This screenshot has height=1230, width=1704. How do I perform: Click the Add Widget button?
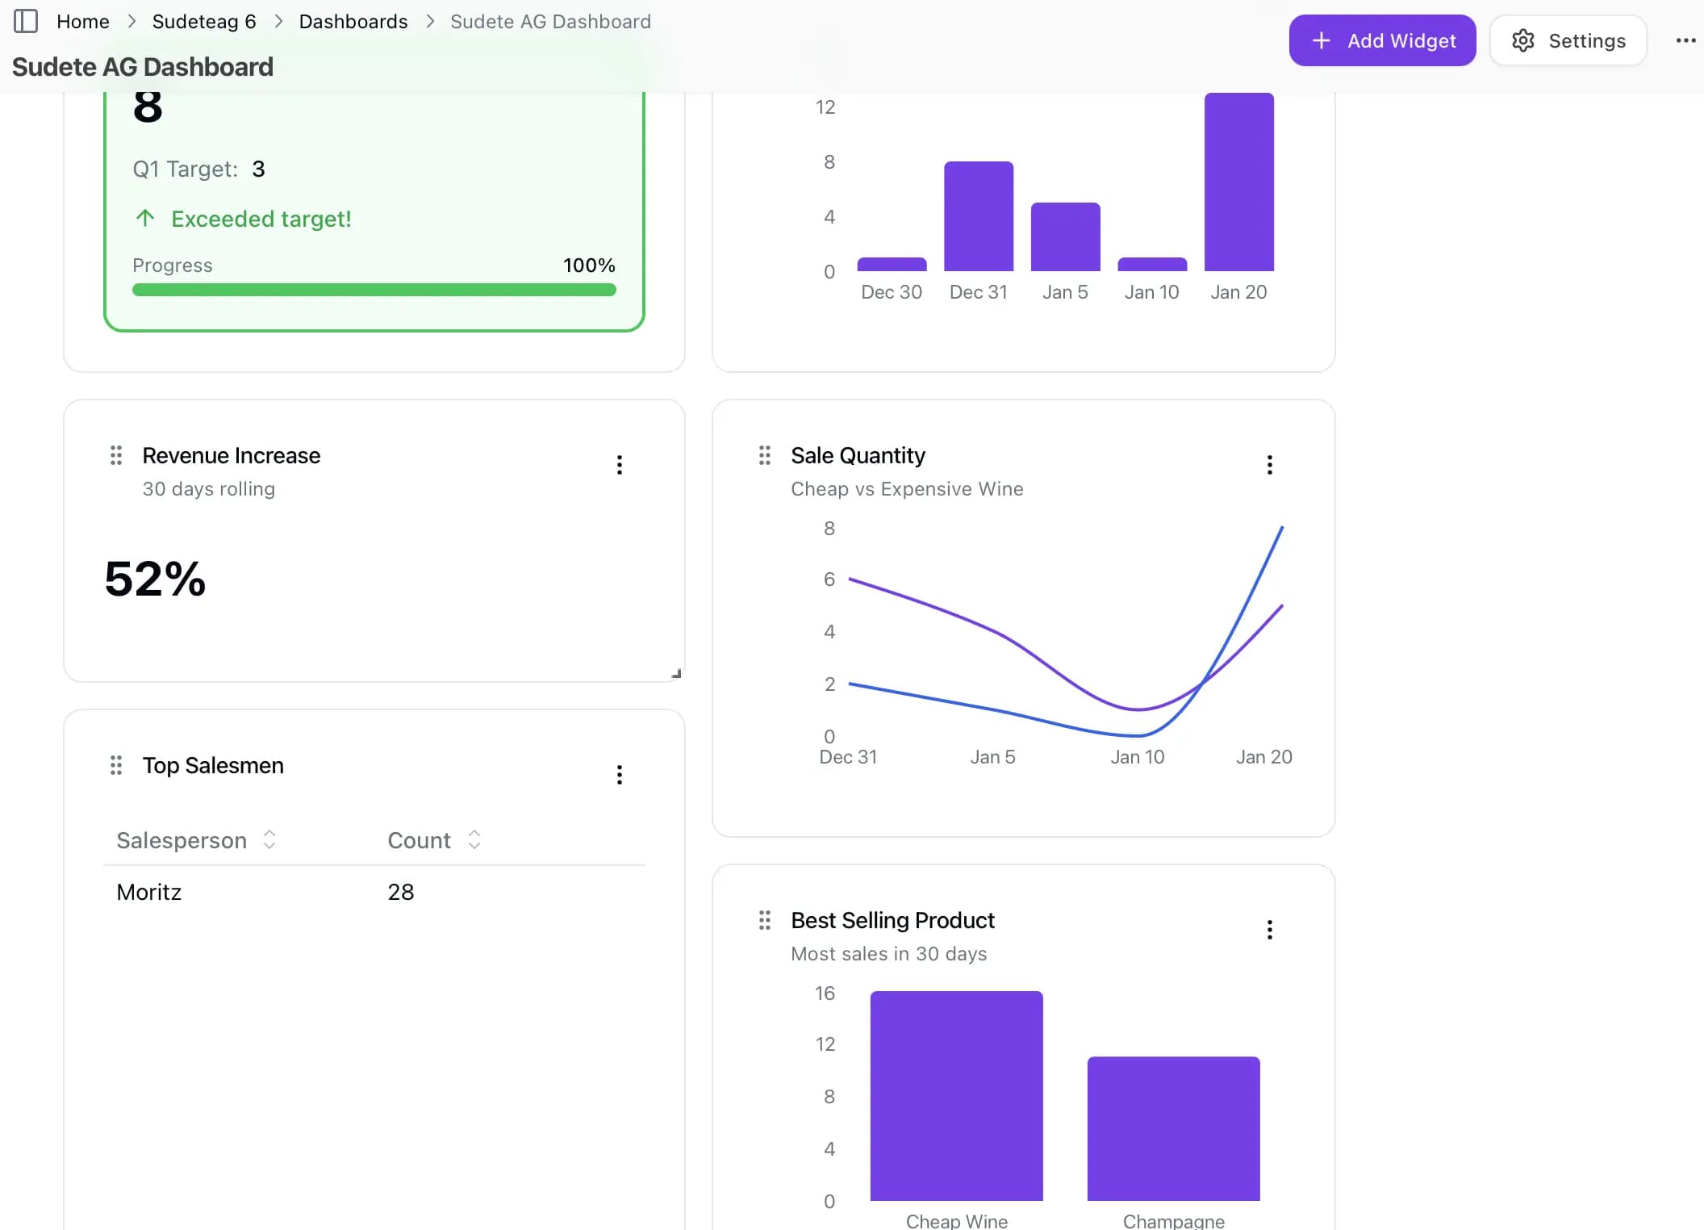click(1382, 40)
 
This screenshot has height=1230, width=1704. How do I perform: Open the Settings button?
click(1568, 40)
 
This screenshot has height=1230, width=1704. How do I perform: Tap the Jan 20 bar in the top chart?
click(1238, 182)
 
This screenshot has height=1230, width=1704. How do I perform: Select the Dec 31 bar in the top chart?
click(978, 216)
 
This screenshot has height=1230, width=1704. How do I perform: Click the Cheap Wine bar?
click(956, 1095)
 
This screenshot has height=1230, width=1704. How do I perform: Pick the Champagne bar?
click(1173, 1127)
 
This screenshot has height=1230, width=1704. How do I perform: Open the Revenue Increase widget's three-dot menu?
click(620, 465)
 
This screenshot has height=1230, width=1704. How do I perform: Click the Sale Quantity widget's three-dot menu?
click(1269, 465)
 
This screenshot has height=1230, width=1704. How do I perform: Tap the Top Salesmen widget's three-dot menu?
click(620, 775)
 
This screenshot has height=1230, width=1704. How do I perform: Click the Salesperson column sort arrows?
click(269, 840)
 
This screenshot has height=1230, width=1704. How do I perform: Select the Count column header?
click(419, 840)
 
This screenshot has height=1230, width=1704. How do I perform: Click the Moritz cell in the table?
click(149, 892)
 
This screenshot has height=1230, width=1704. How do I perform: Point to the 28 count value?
click(401, 892)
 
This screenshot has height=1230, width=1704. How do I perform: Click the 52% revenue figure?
click(155, 579)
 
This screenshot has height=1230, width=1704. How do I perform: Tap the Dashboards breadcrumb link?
click(353, 22)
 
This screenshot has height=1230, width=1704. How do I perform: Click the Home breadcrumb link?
click(83, 22)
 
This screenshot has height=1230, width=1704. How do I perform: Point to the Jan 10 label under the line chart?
click(1137, 757)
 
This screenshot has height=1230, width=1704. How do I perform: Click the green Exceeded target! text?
click(261, 219)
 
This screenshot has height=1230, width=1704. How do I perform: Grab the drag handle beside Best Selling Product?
click(765, 920)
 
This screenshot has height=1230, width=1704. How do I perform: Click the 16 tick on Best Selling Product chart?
click(825, 994)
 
